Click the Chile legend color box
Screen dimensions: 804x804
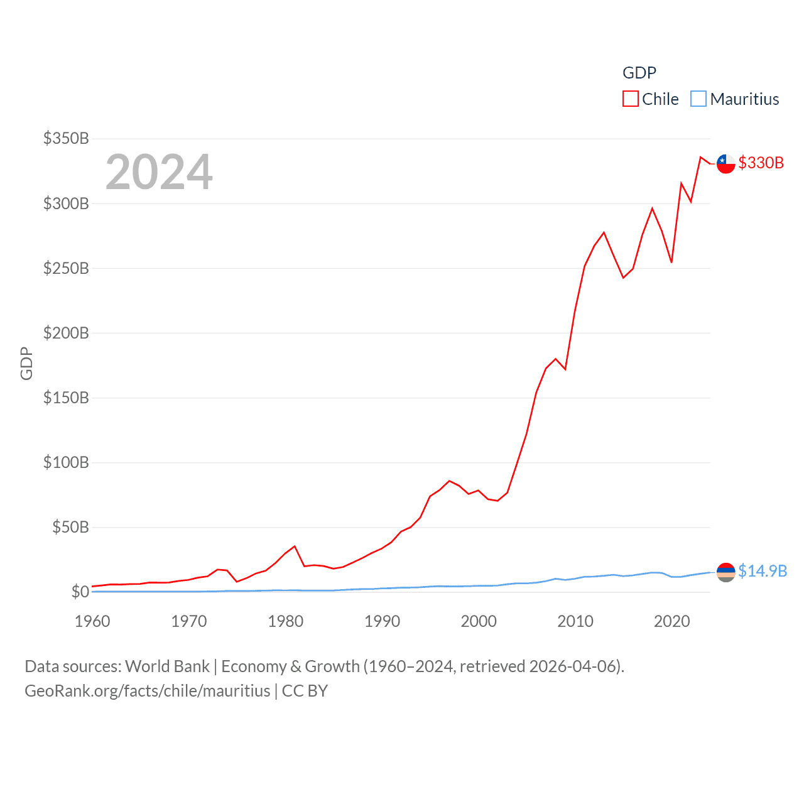[630, 99]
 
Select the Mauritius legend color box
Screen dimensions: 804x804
[698, 99]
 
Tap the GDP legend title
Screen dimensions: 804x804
[639, 73]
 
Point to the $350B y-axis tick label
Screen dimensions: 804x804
[66, 138]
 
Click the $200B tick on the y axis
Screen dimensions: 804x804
[66, 333]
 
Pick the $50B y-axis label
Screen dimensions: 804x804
[70, 527]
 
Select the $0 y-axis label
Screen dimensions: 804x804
[80, 592]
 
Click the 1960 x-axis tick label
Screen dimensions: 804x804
[92, 621]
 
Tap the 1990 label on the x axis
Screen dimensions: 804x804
[382, 621]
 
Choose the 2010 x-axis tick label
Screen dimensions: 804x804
[575, 621]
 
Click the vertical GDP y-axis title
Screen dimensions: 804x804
[26, 363]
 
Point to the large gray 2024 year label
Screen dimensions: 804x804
[159, 172]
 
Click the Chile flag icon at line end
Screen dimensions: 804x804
[725, 163]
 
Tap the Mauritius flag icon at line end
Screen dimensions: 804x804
[725, 572]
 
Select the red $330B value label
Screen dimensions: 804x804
[761, 163]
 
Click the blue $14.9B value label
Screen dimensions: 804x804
[762, 571]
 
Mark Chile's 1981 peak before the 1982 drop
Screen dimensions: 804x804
[295, 546]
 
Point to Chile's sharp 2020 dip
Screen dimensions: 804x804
[671, 262]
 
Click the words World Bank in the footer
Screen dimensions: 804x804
[167, 666]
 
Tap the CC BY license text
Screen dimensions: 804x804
[305, 691]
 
